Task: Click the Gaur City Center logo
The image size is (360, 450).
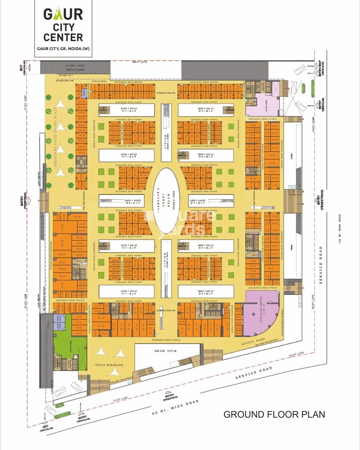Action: (63, 25)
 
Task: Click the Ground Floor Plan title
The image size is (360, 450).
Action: (274, 414)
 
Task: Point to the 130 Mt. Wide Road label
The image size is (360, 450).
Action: (339, 229)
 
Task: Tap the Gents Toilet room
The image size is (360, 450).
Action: (59, 318)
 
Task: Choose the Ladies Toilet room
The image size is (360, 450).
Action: (59, 326)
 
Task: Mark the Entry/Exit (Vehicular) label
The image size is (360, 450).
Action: (320, 68)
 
